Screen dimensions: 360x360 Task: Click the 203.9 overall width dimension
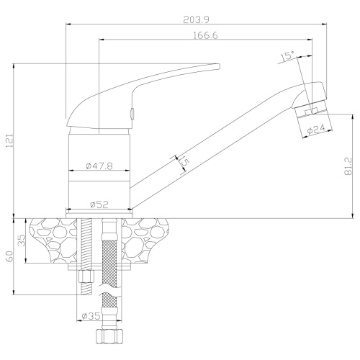tap(196, 19)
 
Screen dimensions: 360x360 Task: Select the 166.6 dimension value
tap(205, 35)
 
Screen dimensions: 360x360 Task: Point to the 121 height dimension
tap(9, 140)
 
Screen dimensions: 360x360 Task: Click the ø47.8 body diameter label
tap(99, 166)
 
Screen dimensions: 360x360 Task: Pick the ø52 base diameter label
tap(99, 204)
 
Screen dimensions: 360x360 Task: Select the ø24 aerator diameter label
tap(316, 129)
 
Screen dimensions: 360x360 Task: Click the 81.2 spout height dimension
tap(348, 166)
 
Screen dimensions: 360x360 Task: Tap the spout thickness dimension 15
tap(184, 162)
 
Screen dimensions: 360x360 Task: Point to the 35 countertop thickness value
tap(22, 240)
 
